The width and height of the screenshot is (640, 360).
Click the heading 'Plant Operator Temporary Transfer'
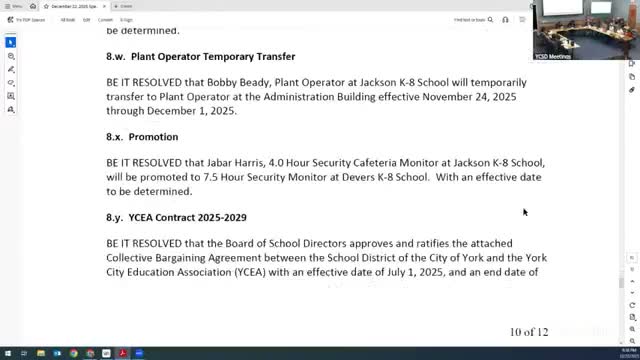tap(213, 57)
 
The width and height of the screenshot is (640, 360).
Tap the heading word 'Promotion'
tap(154, 137)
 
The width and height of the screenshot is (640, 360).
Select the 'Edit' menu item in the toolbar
tap(86, 19)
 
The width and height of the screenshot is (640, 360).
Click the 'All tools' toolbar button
tap(66, 19)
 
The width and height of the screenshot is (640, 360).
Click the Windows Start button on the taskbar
tap(6, 353)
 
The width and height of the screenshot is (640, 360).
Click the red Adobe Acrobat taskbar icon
tap(122, 353)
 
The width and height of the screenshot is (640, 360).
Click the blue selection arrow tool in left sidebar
tap(11, 43)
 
